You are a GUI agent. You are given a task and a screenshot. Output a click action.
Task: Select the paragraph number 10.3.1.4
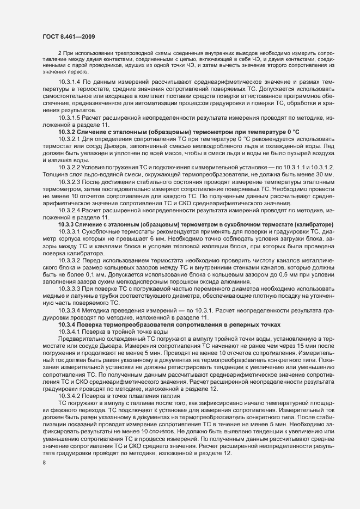[x=70, y=81]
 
